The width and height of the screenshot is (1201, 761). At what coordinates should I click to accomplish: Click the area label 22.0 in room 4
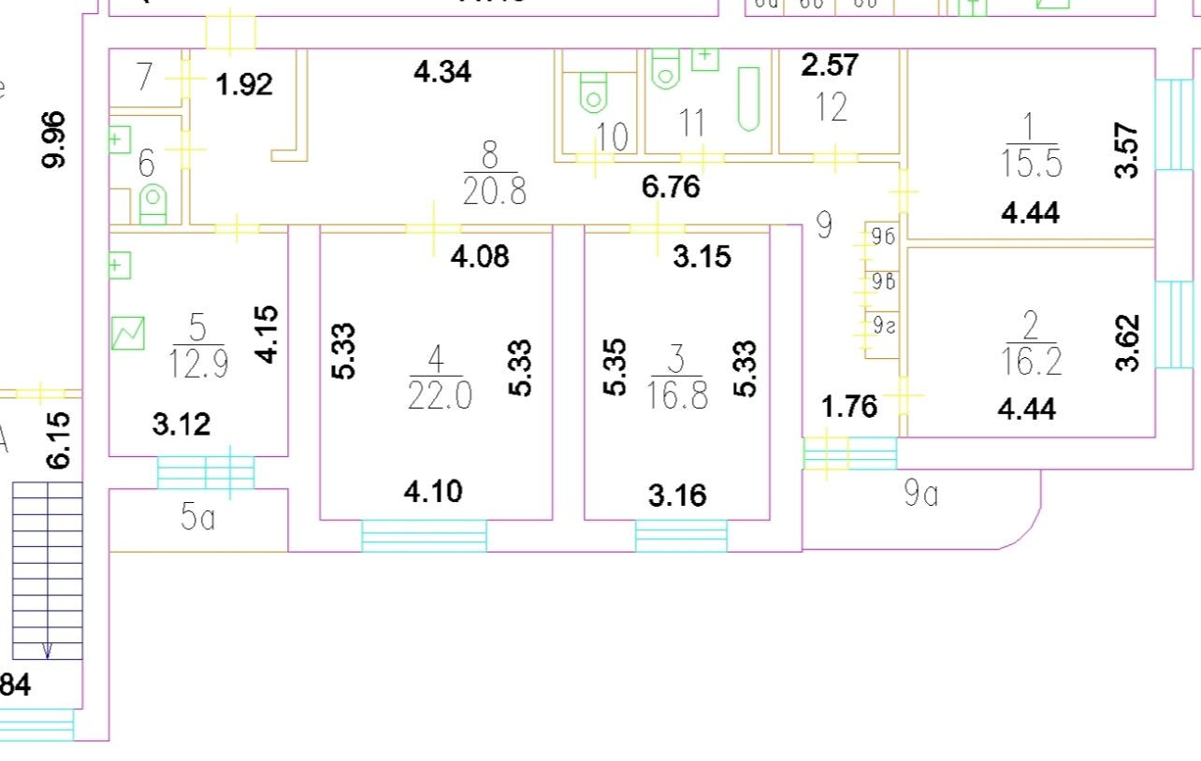point(440,396)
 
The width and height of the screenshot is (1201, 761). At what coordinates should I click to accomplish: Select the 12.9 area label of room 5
point(197,364)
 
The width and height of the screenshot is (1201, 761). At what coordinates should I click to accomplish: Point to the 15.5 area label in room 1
point(1029,165)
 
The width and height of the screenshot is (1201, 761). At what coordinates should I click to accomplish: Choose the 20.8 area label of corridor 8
point(494,192)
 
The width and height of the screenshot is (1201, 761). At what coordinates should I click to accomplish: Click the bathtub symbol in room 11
point(748,98)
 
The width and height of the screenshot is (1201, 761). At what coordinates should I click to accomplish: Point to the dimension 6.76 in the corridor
point(671,187)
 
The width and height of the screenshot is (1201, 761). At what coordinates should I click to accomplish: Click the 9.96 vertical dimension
point(56,139)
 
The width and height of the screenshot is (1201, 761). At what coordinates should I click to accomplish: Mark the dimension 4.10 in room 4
point(433,492)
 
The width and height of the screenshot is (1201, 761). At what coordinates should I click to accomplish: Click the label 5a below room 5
point(197,517)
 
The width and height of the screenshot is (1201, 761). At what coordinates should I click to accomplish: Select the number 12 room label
point(830,108)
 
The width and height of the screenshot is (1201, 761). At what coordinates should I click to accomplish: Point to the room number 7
point(144,77)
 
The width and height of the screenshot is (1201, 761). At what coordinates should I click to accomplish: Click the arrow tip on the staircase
point(47,655)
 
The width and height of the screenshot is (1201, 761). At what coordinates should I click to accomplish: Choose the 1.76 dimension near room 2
point(849,407)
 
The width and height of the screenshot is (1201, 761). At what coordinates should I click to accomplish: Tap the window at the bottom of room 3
point(681,537)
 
